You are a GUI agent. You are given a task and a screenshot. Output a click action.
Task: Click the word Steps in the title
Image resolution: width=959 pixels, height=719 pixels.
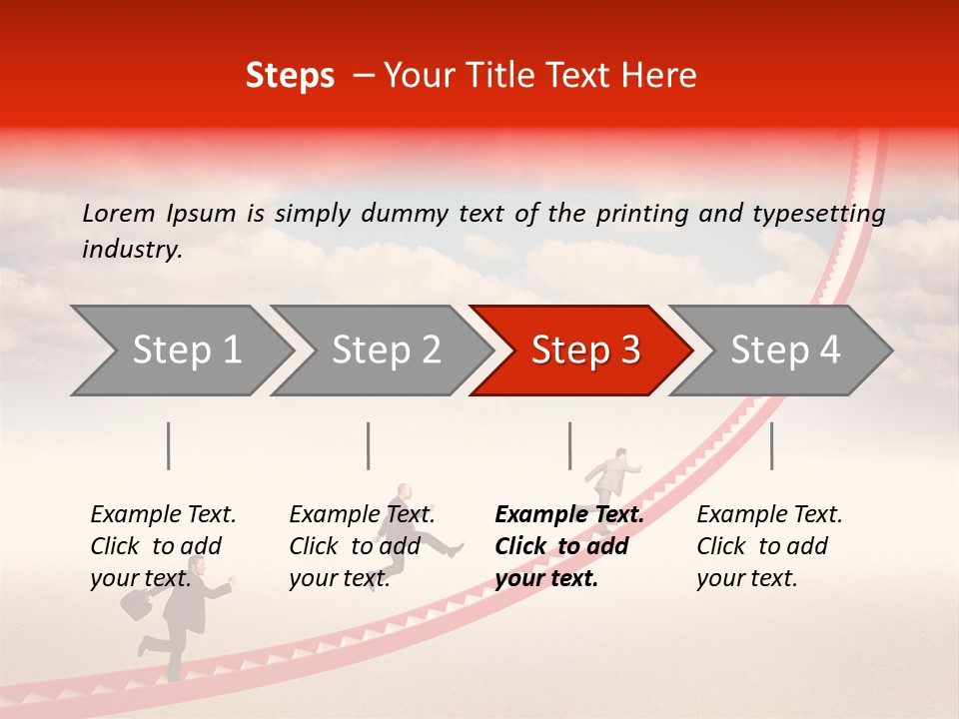[x=290, y=76]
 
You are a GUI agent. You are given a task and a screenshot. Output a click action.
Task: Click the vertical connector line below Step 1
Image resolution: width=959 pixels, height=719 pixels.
[x=169, y=445]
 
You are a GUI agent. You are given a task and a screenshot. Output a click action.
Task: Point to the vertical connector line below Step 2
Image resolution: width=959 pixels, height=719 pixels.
[x=369, y=445]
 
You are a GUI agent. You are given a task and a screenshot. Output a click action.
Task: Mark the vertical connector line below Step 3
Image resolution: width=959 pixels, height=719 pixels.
[x=569, y=445]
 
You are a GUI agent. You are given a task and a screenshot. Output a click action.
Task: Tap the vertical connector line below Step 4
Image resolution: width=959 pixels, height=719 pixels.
[x=771, y=445]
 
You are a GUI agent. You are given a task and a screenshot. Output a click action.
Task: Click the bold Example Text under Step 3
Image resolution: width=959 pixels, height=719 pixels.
[x=569, y=515]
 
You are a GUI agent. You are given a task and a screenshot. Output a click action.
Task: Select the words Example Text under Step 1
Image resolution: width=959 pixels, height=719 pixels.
[x=163, y=515]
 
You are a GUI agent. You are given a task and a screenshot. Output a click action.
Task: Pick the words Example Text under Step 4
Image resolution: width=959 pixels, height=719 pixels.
[x=769, y=515]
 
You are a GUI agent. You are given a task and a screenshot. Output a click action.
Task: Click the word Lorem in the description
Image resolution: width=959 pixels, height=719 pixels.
[x=119, y=213]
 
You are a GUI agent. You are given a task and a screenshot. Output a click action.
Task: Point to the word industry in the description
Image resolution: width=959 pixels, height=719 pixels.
[x=131, y=250]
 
